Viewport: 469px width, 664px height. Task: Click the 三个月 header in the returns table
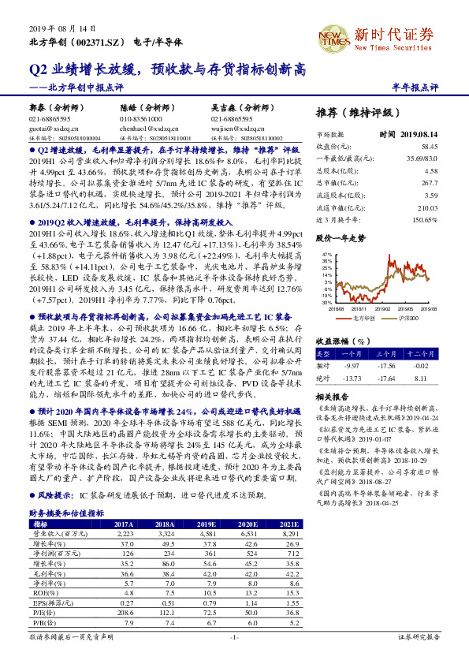coord(384,343)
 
